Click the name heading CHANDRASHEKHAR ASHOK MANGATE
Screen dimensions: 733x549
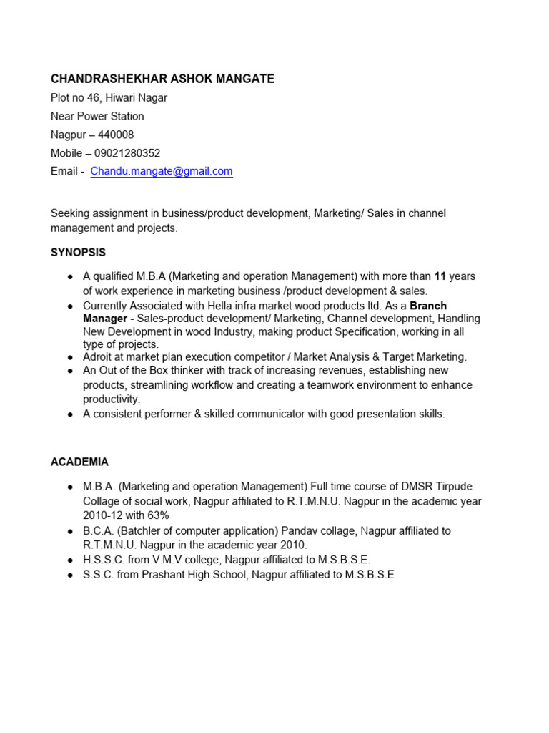pyautogui.click(x=162, y=79)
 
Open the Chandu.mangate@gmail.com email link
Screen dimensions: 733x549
pyautogui.click(x=162, y=172)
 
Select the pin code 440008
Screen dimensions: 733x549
pyautogui.click(x=116, y=135)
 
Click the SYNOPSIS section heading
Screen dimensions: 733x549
pyautogui.click(x=78, y=253)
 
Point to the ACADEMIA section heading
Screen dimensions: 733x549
pyautogui.click(x=79, y=462)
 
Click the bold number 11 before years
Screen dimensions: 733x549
pyautogui.click(x=440, y=276)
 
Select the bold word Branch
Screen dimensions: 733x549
pyautogui.click(x=428, y=306)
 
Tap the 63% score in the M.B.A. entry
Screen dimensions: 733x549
pyautogui.click(x=156, y=515)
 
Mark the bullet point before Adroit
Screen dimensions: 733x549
pyautogui.click(x=69, y=357)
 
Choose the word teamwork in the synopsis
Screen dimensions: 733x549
pyautogui.click(x=340, y=385)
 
